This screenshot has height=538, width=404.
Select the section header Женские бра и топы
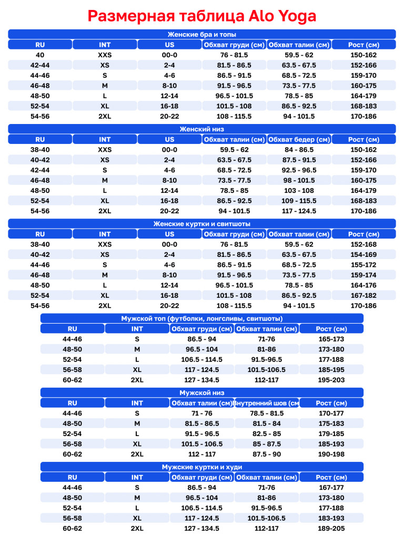202,34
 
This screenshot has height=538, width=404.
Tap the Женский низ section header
202,129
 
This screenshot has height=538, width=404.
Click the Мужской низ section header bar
202,392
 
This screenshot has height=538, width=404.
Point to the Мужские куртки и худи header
202,467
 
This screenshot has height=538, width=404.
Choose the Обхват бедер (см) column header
299,139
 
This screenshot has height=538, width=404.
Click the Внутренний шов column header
267,403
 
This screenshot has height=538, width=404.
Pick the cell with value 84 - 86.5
299,150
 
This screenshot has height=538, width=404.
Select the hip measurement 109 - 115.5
299,201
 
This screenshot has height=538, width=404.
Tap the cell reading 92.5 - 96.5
299,170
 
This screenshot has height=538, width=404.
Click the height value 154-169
363,254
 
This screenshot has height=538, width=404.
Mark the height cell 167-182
363,295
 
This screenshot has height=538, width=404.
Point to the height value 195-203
331,380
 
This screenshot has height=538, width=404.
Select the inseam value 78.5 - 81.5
267,413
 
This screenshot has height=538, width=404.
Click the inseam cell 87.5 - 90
267,454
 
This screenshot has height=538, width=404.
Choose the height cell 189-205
331,528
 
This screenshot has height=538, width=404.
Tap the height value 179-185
331,433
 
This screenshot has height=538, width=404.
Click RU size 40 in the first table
40,55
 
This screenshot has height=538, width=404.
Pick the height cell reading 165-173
331,339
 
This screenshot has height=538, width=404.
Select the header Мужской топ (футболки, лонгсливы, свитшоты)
202,318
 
